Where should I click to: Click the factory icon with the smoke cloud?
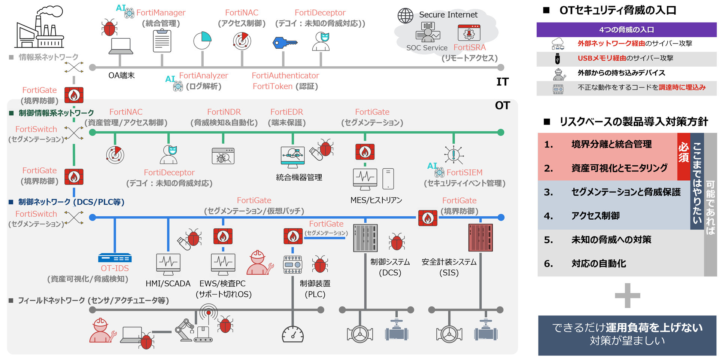point(39,28)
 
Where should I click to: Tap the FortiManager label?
point(161,13)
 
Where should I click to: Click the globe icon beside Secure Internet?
point(405,16)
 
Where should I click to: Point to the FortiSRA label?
point(469,48)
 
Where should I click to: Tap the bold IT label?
point(502,82)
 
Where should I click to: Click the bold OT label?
point(502,106)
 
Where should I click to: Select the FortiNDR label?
point(224,112)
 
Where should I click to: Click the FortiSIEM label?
point(464,173)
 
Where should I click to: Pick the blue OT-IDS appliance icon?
point(115,258)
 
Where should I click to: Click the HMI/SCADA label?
point(168,284)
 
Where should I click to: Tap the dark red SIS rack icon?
point(480,238)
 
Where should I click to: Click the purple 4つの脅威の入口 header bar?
point(626,30)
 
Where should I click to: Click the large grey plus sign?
point(627,296)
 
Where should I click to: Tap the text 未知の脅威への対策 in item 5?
point(611,240)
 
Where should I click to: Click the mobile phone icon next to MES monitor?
point(388,179)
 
